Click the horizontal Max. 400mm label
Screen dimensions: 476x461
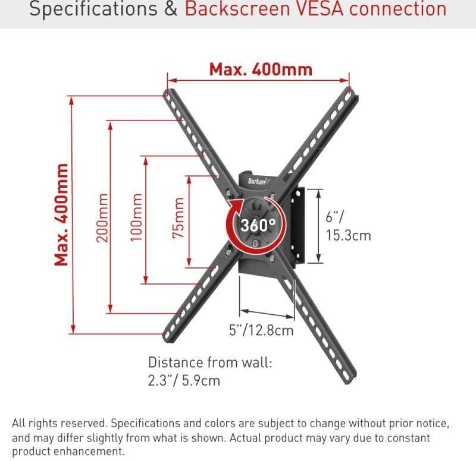tap(261, 70)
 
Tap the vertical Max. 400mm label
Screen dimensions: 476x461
tap(61, 214)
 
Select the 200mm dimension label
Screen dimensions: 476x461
tap(102, 217)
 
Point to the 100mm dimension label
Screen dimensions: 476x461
tap(136, 217)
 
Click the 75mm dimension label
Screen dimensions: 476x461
tap(178, 217)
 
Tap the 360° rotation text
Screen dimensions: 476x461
tap(258, 225)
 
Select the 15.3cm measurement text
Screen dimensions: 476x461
tap(349, 235)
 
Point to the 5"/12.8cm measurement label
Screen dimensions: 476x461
tap(261, 330)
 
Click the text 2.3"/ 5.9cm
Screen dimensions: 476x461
tap(184, 380)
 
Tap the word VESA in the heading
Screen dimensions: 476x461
tap(320, 9)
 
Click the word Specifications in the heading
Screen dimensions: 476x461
tap(93, 10)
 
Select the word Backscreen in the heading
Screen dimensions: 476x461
tap(237, 9)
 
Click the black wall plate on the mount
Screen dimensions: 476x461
tap(298, 226)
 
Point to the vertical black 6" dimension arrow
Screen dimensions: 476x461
tap(318, 226)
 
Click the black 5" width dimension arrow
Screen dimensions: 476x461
tap(267, 314)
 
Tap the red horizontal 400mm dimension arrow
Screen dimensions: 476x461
tap(258, 80)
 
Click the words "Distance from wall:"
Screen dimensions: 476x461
tap(210, 362)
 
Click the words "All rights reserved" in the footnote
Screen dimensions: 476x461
tap(59, 423)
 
